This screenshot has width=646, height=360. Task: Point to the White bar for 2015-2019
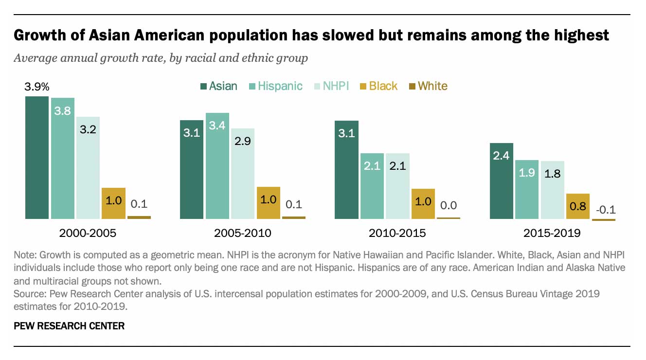(603, 220)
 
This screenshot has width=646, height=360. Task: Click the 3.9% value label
(37, 87)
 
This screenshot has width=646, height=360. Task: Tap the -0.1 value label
(603, 210)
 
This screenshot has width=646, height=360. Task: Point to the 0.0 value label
(449, 206)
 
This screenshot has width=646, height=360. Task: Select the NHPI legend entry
(330, 86)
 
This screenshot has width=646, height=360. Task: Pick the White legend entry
(428, 86)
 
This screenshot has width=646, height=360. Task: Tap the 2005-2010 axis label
(242, 233)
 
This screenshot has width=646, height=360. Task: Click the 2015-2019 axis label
(552, 233)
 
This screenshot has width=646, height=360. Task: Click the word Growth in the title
(39, 36)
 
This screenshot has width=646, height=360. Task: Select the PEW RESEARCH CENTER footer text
(69, 326)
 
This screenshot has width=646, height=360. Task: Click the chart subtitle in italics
(161, 58)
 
